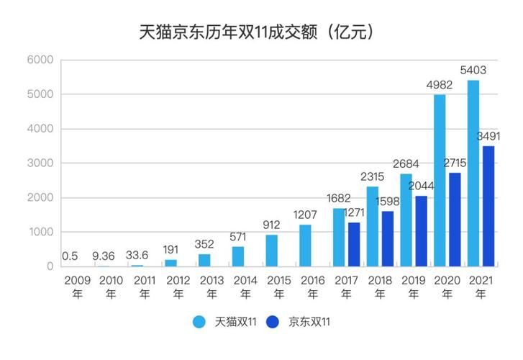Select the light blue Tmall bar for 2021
[473, 173]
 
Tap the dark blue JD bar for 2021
[488, 206]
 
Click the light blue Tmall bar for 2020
[440, 180]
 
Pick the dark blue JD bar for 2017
[355, 244]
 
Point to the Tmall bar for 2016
[305, 246]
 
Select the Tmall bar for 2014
[238, 256]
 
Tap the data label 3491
[488, 136]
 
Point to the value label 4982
[439, 85]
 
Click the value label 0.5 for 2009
[70, 256]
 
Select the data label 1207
[306, 215]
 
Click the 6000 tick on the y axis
[40, 60]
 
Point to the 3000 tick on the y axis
[40, 163]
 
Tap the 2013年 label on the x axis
[212, 286]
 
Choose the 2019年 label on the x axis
[413, 286]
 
